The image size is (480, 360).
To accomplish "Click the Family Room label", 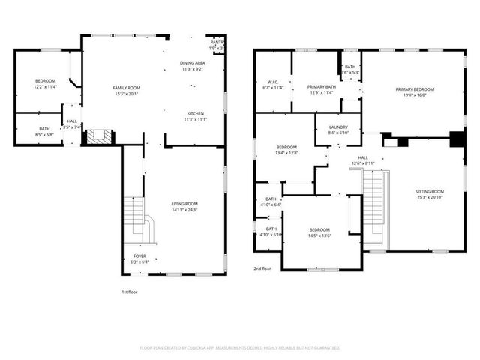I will pyautogui.click(x=126, y=91).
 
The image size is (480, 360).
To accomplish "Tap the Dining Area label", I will pyautogui.click(x=192, y=65).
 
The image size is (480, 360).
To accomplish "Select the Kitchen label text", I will pyautogui.click(x=195, y=116).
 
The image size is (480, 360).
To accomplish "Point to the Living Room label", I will pyautogui.click(x=184, y=207).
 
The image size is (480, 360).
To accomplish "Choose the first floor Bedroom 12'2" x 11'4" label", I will pyautogui.click(x=45, y=83).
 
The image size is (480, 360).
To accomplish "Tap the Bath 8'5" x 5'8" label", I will pyautogui.click(x=45, y=132).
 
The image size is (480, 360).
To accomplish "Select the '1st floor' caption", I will pyautogui.click(x=129, y=292).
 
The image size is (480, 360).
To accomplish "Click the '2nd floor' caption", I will pyautogui.click(x=262, y=268).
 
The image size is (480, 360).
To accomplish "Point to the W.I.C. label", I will pyautogui.click(x=274, y=85).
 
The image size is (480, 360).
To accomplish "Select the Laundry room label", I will pyautogui.click(x=338, y=130).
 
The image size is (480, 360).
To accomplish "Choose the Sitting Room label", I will pyautogui.click(x=430, y=194).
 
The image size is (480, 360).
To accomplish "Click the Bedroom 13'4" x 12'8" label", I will pyautogui.click(x=287, y=150).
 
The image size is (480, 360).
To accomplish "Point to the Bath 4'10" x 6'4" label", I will pyautogui.click(x=271, y=202).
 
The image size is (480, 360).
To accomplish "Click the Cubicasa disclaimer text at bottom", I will pyautogui.click(x=240, y=347).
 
